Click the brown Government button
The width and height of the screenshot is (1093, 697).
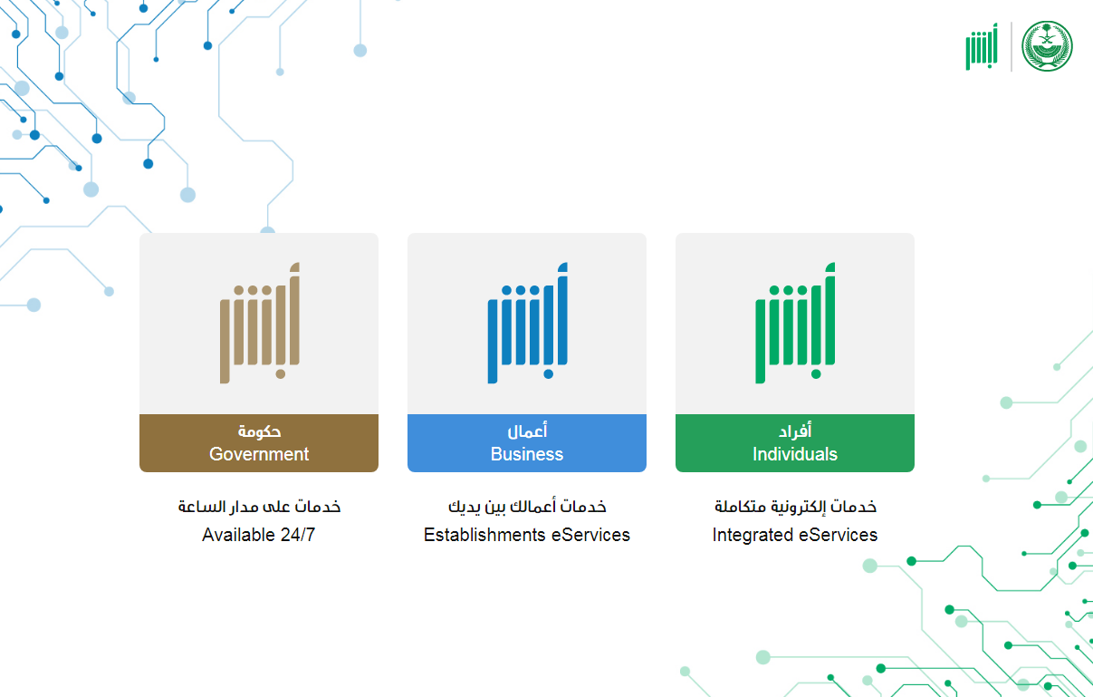pyautogui.click(x=259, y=443)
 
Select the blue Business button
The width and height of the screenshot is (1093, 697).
pyautogui.click(x=527, y=443)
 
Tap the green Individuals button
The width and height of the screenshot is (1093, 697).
pyautogui.click(x=795, y=443)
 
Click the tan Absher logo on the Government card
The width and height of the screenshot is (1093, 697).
pyautogui.click(x=260, y=323)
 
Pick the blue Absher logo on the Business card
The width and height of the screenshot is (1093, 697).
pyautogui.click(x=527, y=323)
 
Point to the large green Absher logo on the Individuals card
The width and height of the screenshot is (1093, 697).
pyautogui.click(x=795, y=323)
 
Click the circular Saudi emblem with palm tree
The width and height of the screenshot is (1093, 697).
pyautogui.click(x=1047, y=46)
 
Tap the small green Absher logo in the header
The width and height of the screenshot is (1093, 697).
pyautogui.click(x=982, y=46)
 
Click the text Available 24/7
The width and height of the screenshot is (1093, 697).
pyautogui.click(x=259, y=535)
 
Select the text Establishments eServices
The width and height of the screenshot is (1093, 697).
pyautogui.click(x=527, y=535)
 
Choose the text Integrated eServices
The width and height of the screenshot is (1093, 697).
pyautogui.click(x=795, y=535)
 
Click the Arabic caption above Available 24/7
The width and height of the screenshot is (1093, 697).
pyautogui.click(x=259, y=507)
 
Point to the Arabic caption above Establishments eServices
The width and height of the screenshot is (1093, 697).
pyautogui.click(x=527, y=507)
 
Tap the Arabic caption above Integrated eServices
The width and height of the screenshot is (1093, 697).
pyautogui.click(x=795, y=507)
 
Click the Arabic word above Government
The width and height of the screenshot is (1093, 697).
pyautogui.click(x=259, y=431)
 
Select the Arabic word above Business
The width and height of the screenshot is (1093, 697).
pyautogui.click(x=527, y=431)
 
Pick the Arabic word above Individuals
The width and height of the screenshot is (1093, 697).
pyautogui.click(x=795, y=431)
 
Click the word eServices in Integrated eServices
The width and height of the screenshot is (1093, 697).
pyautogui.click(x=838, y=535)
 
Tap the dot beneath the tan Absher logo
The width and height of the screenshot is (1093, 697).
pyautogui.click(x=281, y=374)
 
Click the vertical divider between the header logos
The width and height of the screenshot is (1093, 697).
pyautogui.click(x=1011, y=46)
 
